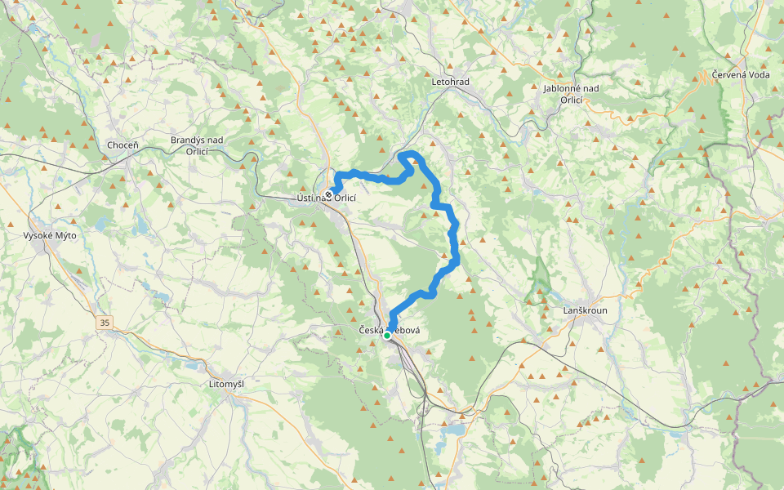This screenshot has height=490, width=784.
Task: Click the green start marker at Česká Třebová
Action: point(387,335)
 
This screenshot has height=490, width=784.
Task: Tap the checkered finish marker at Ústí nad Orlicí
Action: point(328,194)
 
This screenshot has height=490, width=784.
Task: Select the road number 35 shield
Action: point(105,323)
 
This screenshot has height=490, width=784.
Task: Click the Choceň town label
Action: point(122,145)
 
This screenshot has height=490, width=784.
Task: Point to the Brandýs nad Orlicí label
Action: point(196,145)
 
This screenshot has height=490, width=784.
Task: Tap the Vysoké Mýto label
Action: point(49,236)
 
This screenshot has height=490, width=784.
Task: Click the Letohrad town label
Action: point(450,82)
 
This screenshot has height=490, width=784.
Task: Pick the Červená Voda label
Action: point(740,75)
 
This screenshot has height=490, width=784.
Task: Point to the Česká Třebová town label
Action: point(390,330)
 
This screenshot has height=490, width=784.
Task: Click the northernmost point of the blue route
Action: point(408,153)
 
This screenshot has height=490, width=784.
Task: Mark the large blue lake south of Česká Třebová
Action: point(453,429)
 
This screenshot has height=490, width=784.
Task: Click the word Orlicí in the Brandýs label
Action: point(196,151)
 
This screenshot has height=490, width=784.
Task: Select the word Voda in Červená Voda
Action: point(757,75)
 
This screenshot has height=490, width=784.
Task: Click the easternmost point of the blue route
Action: point(457,260)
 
